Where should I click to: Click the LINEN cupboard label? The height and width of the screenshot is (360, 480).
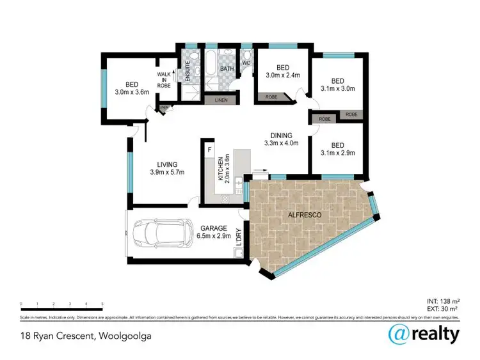click(x=221, y=100)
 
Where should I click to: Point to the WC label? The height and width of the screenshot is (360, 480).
click(x=246, y=63)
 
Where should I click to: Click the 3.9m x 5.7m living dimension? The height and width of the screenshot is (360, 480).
click(x=167, y=172)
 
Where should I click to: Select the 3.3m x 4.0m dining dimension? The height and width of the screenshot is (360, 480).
click(x=282, y=144)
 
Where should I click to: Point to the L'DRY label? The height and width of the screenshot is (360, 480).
click(x=238, y=238)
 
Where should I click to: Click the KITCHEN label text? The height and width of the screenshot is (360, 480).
click(x=220, y=169)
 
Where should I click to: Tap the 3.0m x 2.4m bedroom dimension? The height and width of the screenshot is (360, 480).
click(x=283, y=76)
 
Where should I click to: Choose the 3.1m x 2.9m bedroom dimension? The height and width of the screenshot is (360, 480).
click(x=337, y=153)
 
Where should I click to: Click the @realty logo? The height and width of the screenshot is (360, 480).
click(x=424, y=334)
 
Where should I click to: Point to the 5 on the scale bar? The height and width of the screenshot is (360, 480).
click(x=102, y=304)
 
